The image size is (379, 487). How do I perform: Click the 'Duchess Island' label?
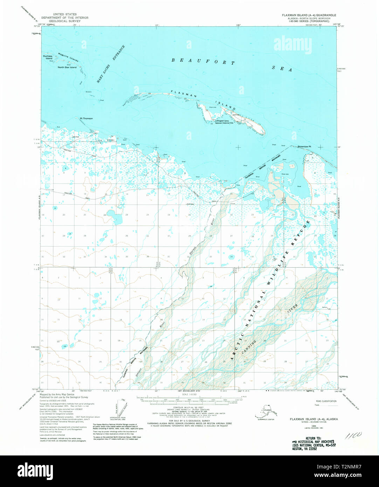[x=48, y=57]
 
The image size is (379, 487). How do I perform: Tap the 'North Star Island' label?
[x=67, y=67]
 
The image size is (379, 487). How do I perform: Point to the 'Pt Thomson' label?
[x=87, y=118]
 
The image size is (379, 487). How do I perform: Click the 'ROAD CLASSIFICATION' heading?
[x=326, y=401]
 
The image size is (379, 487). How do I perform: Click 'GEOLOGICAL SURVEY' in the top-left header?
[x=65, y=21]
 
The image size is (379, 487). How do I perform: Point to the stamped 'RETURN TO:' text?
[x=313, y=438]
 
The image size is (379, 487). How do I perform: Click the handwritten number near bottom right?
[x=354, y=436]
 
